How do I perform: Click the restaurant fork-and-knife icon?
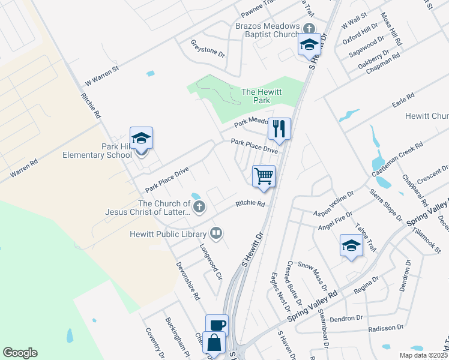pyautogui.click(x=279, y=128)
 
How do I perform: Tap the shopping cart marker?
pyautogui.click(x=264, y=176)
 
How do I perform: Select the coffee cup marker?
pyautogui.click(x=217, y=325)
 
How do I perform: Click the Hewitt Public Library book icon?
pyautogui.click(x=216, y=233)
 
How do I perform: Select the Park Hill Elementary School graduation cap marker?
pyautogui.click(x=141, y=139)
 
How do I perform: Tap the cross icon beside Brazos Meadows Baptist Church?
pyautogui.click(x=309, y=28)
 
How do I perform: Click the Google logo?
pyautogui.click(x=20, y=353)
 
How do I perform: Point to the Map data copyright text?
pyautogui.click(x=423, y=355)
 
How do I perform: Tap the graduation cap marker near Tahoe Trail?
pyautogui.click(x=351, y=245)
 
